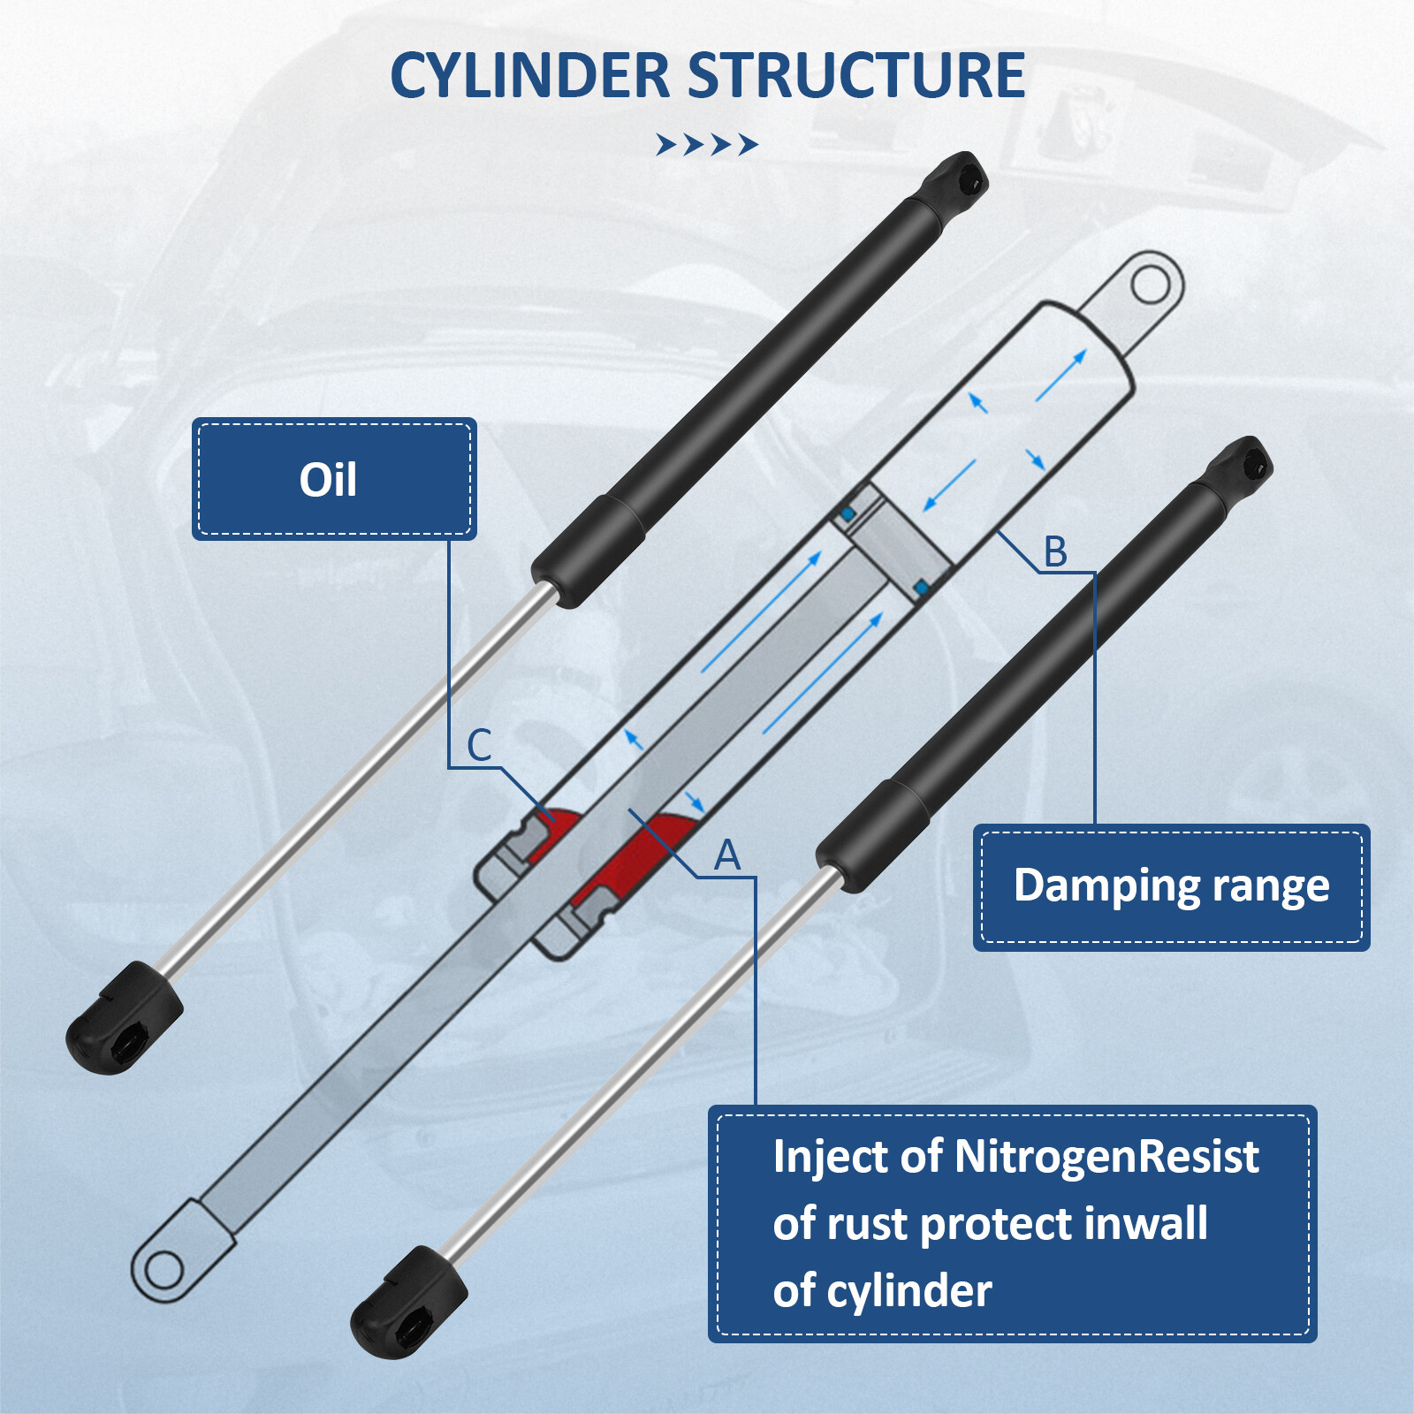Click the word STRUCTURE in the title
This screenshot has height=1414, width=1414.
point(855,76)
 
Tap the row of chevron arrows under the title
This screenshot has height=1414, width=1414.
point(706,144)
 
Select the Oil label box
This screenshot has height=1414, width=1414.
point(333,479)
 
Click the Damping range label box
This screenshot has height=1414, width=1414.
point(1170,886)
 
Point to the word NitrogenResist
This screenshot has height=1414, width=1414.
point(1106,1157)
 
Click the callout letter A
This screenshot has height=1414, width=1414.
point(726,855)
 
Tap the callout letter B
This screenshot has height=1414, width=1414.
point(1055,551)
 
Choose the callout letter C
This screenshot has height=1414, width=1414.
point(478,745)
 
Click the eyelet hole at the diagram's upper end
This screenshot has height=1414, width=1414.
point(1149,285)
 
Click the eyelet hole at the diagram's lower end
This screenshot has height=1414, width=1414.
point(163,1271)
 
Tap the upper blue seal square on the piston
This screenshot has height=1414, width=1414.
point(848,513)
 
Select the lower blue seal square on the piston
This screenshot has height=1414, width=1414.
point(921,588)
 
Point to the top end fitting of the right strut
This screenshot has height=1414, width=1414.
point(1241,464)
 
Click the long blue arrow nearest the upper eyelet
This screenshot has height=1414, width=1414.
point(1060,375)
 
